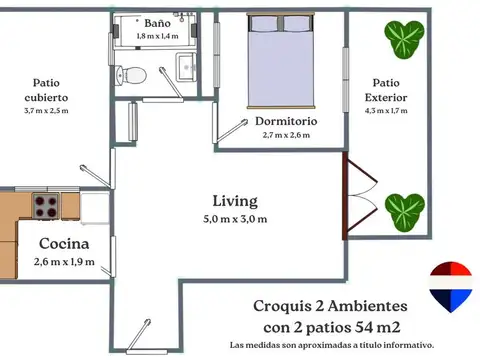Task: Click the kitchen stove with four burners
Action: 46,205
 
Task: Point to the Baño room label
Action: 156,22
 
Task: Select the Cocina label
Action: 64,244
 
